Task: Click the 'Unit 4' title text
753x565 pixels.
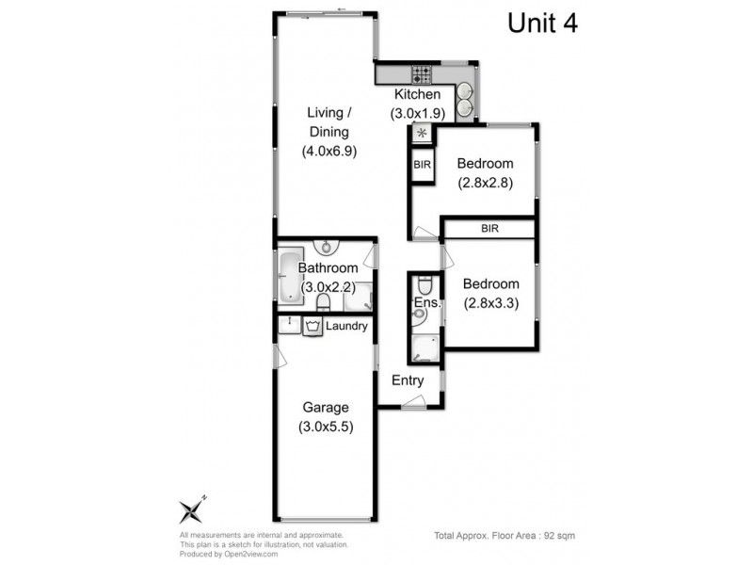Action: pyautogui.click(x=542, y=24)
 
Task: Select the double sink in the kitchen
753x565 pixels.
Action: pyautogui.click(x=468, y=99)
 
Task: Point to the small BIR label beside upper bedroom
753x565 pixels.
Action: pyautogui.click(x=422, y=165)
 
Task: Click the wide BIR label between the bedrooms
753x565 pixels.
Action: pyautogui.click(x=489, y=229)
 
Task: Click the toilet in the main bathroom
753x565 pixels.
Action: pyautogui.click(x=323, y=301)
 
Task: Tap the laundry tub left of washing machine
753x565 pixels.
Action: pyautogui.click(x=288, y=326)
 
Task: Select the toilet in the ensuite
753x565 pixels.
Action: pyautogui.click(x=425, y=283)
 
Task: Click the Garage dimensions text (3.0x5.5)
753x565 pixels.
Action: pyautogui.click(x=326, y=427)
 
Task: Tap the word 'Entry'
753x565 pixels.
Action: pyautogui.click(x=409, y=380)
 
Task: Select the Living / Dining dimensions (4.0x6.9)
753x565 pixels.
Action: pyautogui.click(x=328, y=151)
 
